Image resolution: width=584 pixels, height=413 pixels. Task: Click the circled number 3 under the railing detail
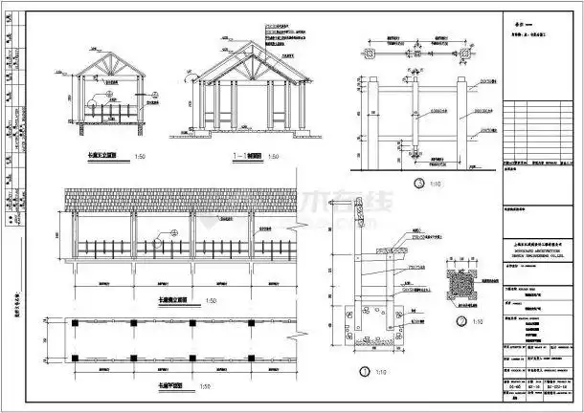pos(416,183)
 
